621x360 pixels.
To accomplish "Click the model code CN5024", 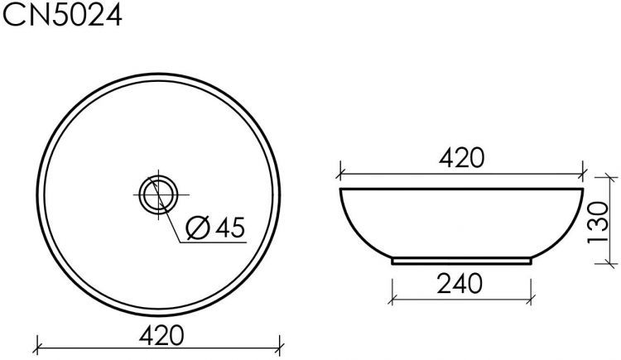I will pos(62,16).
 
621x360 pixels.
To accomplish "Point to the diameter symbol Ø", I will pos(199,228).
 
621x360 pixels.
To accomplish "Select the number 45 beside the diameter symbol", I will pos(230,228).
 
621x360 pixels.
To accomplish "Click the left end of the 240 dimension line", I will pos(392,297).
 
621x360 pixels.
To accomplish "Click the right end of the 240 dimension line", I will pos(531,297).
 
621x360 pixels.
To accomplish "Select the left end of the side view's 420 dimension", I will pos(339,175).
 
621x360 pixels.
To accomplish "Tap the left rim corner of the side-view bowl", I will pos(341,190).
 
